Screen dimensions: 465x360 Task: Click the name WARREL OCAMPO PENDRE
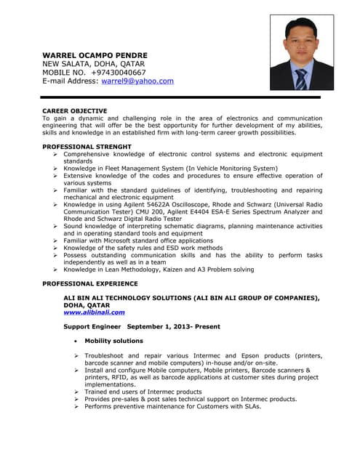[95, 55]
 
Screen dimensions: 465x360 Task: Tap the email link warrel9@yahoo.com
[137, 81]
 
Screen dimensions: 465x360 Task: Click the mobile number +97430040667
[118, 73]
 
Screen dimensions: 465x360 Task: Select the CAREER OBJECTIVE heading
[75, 111]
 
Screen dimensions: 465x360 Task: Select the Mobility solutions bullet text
[113, 341]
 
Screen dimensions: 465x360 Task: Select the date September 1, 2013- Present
[176, 327]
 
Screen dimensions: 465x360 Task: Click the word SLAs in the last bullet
[249, 406]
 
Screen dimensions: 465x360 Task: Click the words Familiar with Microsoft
[105, 240]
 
